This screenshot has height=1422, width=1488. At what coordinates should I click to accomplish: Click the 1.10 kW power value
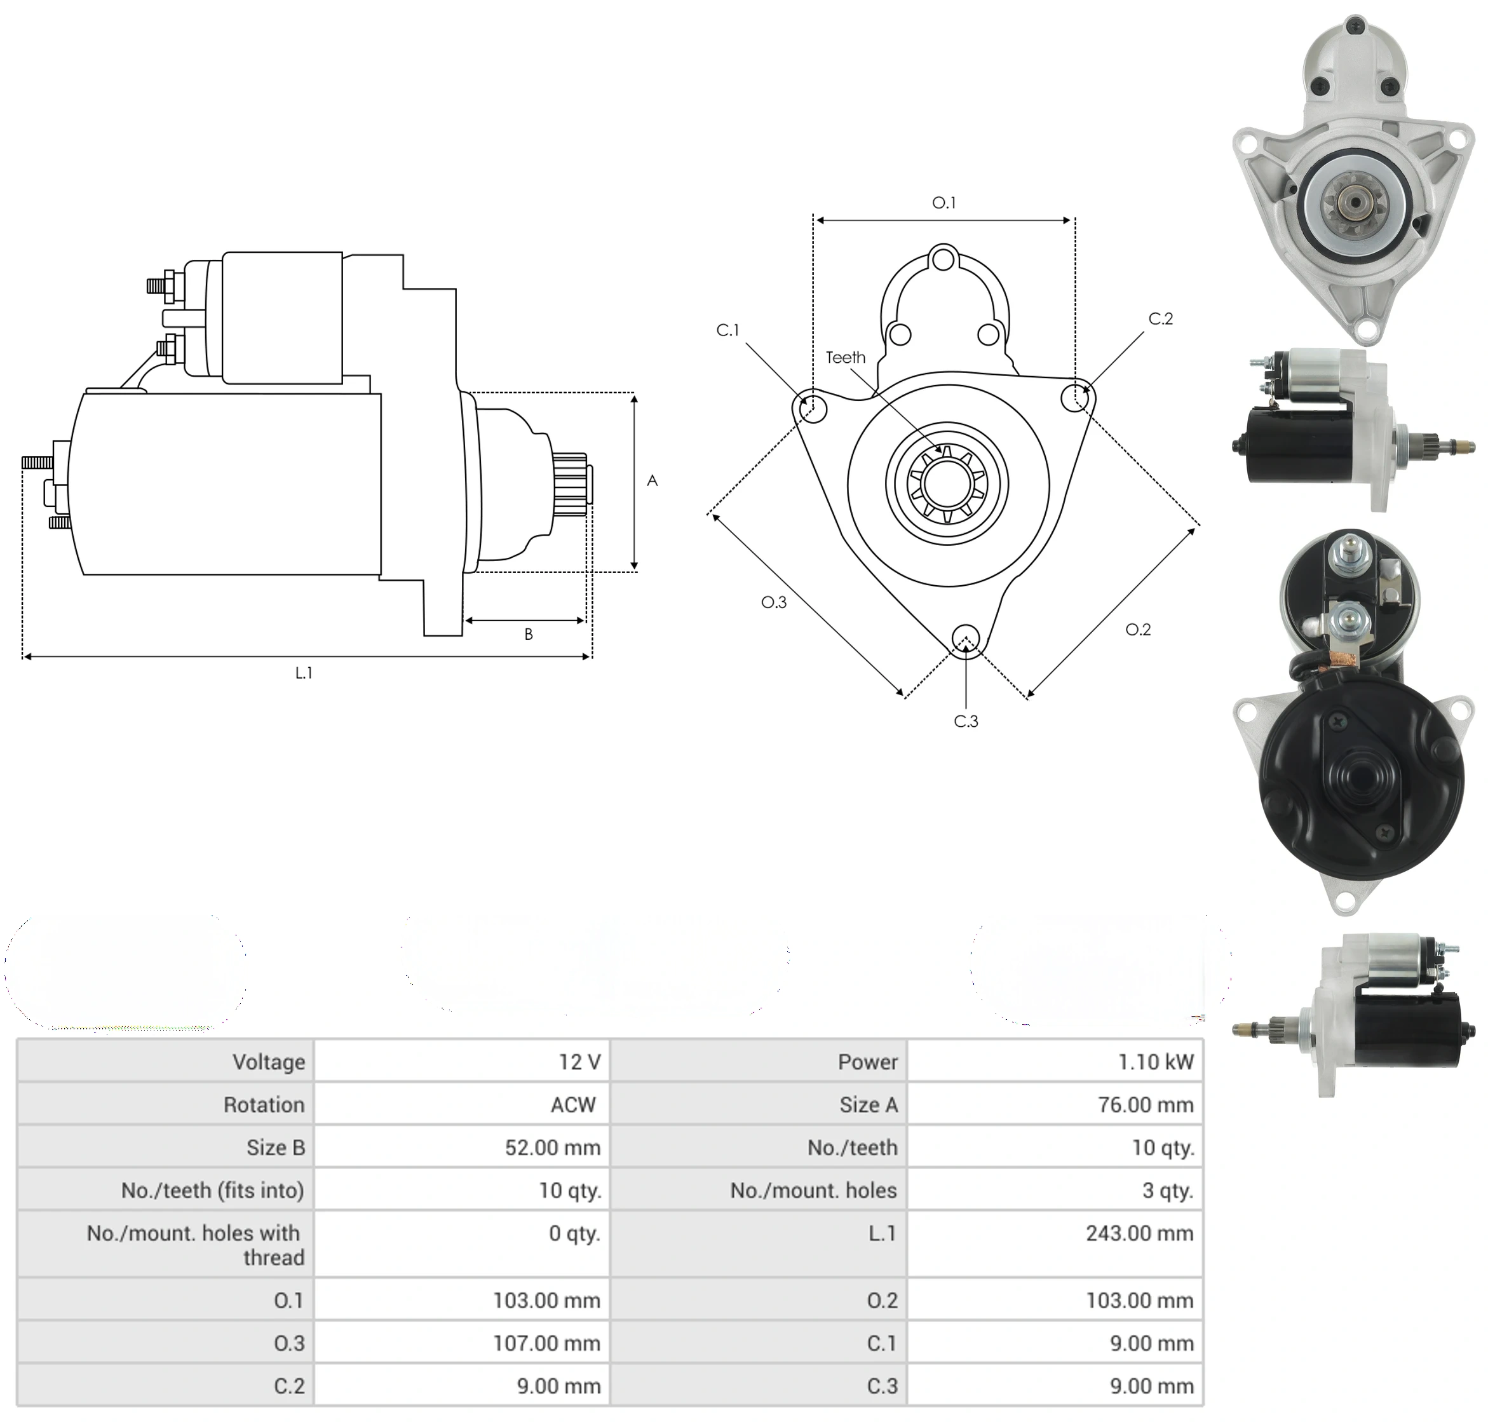(1154, 1062)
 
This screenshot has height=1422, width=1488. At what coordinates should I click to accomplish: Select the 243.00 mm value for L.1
(1139, 1233)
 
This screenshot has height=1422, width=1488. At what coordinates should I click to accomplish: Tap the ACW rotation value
(573, 1104)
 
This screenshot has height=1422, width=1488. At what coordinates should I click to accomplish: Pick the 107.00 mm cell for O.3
(546, 1343)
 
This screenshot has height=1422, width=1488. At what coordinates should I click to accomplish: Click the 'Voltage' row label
(268, 1062)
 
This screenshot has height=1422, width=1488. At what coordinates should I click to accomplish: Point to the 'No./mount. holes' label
(813, 1190)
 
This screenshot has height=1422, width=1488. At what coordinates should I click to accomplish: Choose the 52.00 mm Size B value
(553, 1148)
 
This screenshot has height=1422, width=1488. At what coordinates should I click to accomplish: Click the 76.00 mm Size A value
(1146, 1104)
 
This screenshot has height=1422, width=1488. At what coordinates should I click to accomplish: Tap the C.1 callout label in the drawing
(727, 330)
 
